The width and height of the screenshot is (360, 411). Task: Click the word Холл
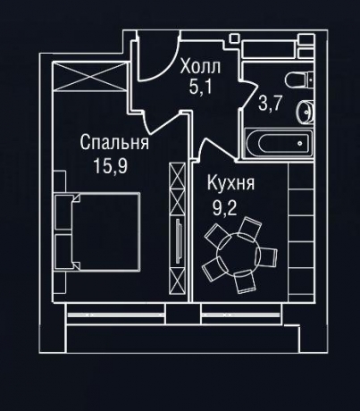click(197, 67)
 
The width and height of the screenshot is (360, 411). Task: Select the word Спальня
click(113, 143)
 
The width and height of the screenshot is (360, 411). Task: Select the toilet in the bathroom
click(300, 78)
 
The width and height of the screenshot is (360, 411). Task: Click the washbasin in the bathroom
click(304, 110)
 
